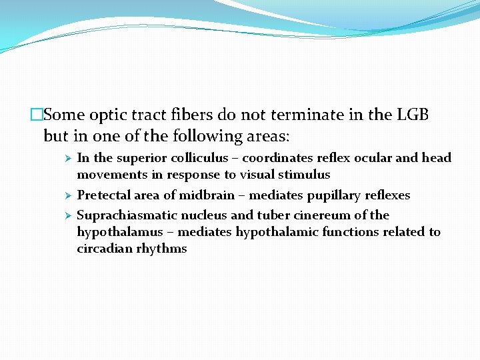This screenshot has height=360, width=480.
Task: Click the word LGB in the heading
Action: pos(413,115)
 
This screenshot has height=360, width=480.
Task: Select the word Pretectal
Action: pos(105,195)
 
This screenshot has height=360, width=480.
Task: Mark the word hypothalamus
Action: pos(117,232)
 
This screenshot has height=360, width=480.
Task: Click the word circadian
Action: pos(104,249)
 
